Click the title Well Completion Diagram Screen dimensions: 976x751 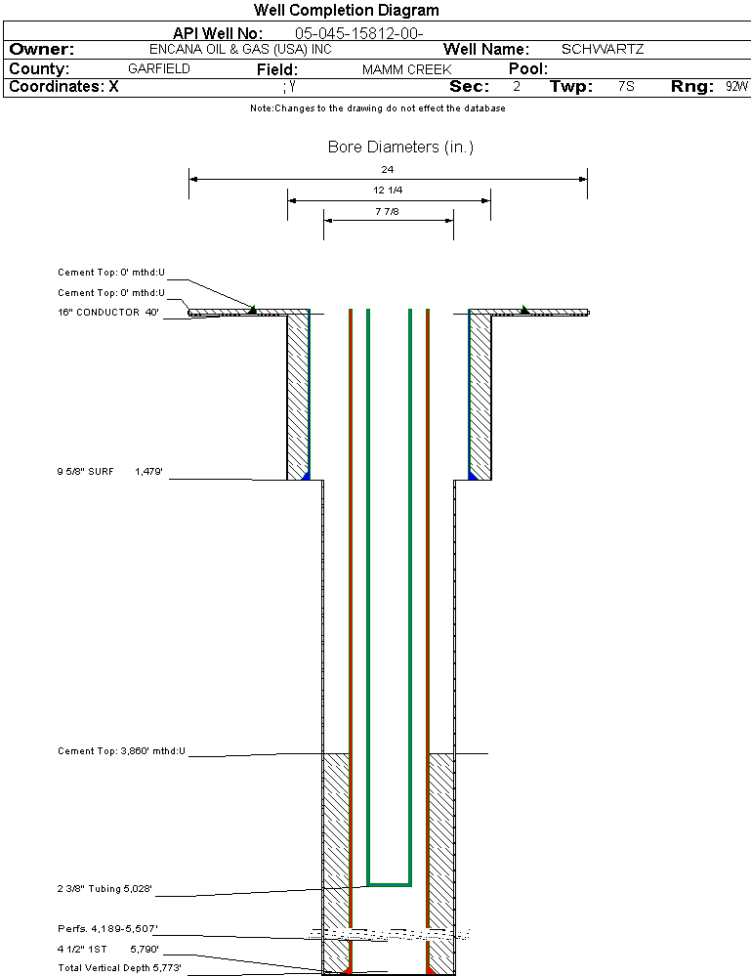pyautogui.click(x=346, y=11)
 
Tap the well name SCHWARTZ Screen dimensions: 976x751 pyautogui.click(x=603, y=49)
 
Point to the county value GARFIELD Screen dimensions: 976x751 pyautogui.click(x=159, y=69)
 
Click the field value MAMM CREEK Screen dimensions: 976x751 pyautogui.click(x=406, y=70)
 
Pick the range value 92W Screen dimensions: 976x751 pyautogui.click(x=736, y=87)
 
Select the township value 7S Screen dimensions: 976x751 pyautogui.click(x=626, y=87)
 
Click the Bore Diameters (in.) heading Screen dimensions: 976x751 pyautogui.click(x=400, y=148)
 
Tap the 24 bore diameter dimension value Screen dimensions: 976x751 pyautogui.click(x=388, y=170)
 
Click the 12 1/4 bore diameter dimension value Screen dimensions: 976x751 pyautogui.click(x=388, y=191)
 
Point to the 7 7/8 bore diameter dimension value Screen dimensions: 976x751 pyautogui.click(x=388, y=211)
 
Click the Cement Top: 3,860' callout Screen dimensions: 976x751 pyautogui.click(x=121, y=751)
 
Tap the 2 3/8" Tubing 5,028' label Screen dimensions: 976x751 pyautogui.click(x=105, y=889)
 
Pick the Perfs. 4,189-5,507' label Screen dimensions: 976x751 pyautogui.click(x=107, y=928)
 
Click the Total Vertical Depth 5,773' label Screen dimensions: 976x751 pyautogui.click(x=119, y=967)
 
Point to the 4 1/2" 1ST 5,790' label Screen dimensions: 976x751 pyautogui.click(x=107, y=948)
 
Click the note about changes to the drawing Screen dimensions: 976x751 pyautogui.click(x=377, y=108)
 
